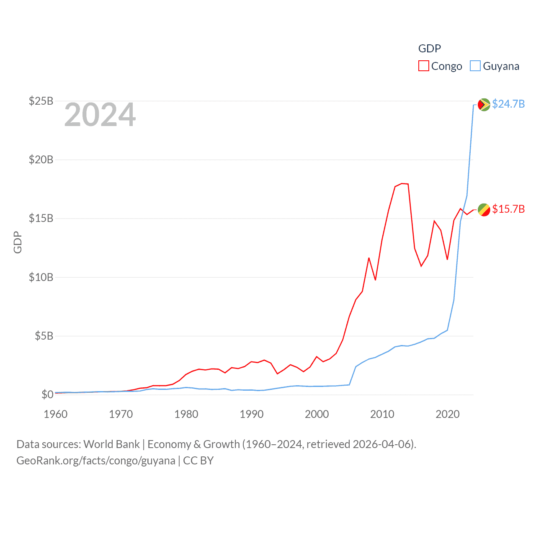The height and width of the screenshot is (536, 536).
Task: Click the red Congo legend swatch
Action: pyautogui.click(x=424, y=66)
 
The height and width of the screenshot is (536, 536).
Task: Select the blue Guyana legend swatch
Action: pyautogui.click(x=475, y=66)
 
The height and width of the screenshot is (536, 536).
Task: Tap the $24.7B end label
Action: pyautogui.click(x=508, y=104)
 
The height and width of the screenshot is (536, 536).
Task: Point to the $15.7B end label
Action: pyautogui.click(x=508, y=209)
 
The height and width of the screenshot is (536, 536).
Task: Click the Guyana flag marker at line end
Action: pyautogui.click(x=484, y=104)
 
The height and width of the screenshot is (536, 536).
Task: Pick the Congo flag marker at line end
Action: pyautogui.click(x=484, y=210)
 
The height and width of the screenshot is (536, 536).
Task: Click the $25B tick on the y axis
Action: pyautogui.click(x=41, y=101)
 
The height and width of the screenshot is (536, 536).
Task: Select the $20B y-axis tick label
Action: pyautogui.click(x=41, y=160)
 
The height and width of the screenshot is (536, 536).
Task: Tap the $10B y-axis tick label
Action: pyautogui.click(x=41, y=277)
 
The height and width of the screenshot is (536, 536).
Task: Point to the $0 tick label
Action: pyautogui.click(x=47, y=394)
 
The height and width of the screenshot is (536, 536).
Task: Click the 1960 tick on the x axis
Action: pyautogui.click(x=56, y=414)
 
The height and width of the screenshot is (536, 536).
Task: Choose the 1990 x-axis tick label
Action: pyautogui.click(x=252, y=414)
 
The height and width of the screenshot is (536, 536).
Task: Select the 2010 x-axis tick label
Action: pyautogui.click(x=382, y=414)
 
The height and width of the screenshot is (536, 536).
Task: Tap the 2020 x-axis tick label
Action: pyautogui.click(x=448, y=414)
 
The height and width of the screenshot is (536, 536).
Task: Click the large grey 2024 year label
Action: pyautogui.click(x=100, y=115)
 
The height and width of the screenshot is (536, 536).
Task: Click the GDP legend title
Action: pyautogui.click(x=430, y=49)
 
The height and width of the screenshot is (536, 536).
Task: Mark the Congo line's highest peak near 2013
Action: pyautogui.click(x=402, y=183)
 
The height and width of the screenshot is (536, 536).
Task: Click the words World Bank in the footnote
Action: pyautogui.click(x=112, y=444)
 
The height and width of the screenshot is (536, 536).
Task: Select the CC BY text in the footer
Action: pyautogui.click(x=198, y=461)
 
